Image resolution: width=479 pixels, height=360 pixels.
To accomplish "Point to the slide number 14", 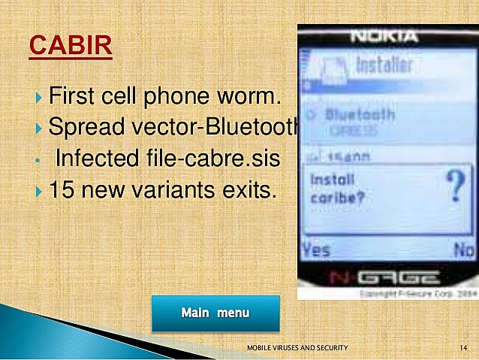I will (x=463, y=348).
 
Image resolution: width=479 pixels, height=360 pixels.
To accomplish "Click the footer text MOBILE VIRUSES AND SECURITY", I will (x=297, y=348).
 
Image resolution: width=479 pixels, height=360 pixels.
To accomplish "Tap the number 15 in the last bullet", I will (x=61, y=190).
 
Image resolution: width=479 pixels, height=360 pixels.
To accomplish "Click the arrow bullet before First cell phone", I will (x=39, y=98).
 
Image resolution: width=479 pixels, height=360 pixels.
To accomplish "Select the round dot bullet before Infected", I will (x=38, y=160).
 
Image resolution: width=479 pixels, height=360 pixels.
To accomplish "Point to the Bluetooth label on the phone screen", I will (x=360, y=115).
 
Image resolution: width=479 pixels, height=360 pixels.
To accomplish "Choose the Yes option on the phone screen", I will (x=315, y=250).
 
